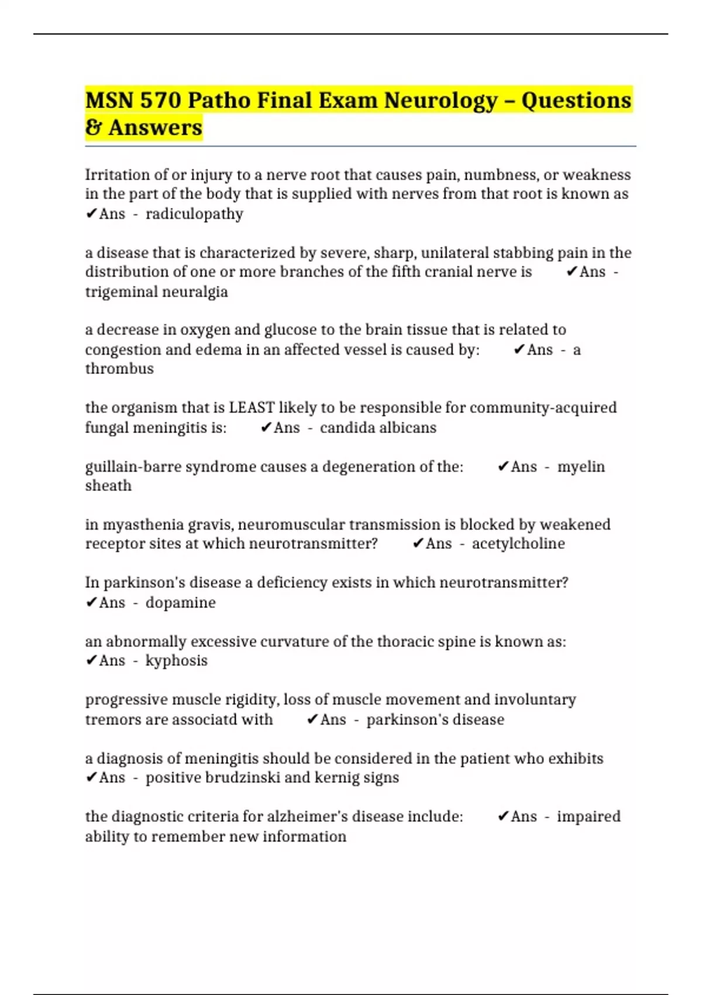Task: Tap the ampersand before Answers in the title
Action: [93, 128]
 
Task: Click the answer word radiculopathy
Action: [194, 214]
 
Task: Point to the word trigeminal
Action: [121, 291]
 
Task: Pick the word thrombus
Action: [119, 369]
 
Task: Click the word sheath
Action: [108, 486]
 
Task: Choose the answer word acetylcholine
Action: [518, 544]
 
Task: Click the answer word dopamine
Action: [180, 603]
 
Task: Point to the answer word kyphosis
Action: [176, 661]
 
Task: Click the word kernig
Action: [336, 778]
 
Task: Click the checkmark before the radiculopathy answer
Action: [91, 214]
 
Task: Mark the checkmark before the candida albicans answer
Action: [266, 428]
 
